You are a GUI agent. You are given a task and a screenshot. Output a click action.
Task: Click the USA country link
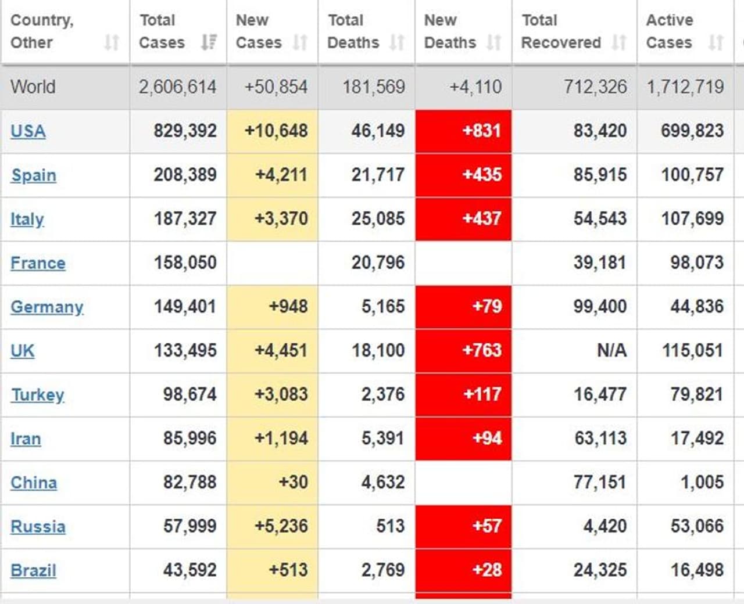coord(28,131)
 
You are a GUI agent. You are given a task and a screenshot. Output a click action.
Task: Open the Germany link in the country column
coord(46,307)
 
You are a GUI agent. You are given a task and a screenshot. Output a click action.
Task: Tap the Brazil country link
coord(33,571)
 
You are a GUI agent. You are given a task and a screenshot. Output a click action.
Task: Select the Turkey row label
coord(37,395)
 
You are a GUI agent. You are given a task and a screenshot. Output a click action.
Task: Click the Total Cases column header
coord(162,31)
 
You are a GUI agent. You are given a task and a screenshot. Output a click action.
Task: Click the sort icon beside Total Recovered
coord(619,42)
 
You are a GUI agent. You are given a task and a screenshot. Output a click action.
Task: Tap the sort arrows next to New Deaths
coord(493,42)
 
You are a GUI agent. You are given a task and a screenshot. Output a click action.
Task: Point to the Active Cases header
coord(669,31)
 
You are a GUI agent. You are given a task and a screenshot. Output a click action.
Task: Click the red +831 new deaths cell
coord(481,131)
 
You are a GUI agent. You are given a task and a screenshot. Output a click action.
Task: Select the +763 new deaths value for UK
coord(481,350)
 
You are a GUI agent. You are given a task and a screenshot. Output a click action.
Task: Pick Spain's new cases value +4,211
coord(281,175)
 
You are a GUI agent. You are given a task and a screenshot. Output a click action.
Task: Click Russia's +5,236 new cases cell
coord(281,526)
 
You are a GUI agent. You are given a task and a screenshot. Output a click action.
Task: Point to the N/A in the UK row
coord(611,351)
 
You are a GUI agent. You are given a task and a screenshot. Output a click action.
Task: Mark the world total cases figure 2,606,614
coord(177,87)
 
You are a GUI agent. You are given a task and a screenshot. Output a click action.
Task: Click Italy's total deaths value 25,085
coord(378,219)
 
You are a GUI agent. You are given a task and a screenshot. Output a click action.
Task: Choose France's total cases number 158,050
coord(185,263)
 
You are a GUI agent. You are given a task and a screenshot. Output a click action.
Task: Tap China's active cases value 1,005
coord(702,482)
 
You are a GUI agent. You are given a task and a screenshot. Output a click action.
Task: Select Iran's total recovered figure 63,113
coord(600,438)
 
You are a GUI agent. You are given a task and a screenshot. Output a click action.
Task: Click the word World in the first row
coord(33,87)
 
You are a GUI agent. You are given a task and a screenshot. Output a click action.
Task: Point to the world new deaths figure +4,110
coord(475,87)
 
